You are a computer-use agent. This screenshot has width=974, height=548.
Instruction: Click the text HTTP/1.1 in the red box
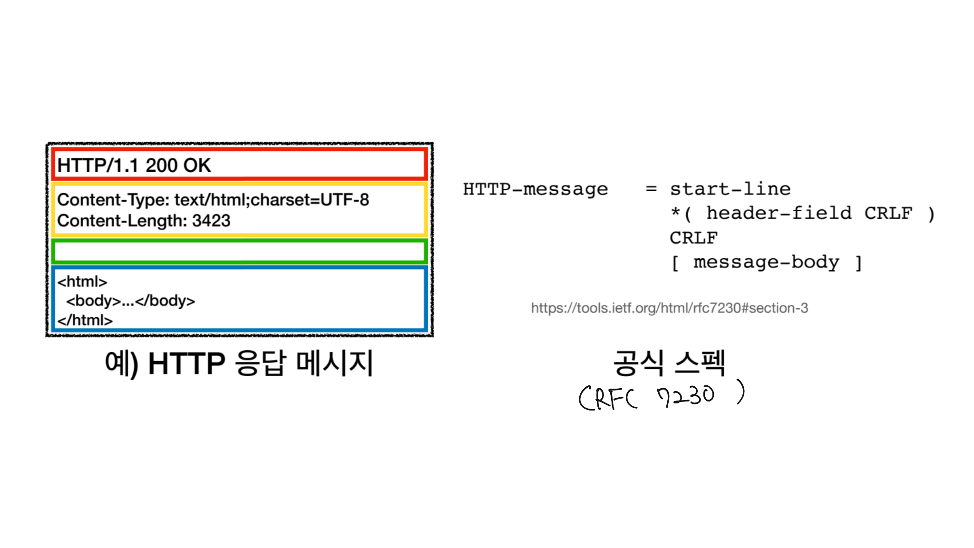[x=97, y=166]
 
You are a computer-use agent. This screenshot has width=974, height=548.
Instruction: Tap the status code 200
[x=161, y=166]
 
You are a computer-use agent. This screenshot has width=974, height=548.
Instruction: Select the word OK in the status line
[x=197, y=166]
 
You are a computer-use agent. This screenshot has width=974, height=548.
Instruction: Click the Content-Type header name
[x=113, y=200]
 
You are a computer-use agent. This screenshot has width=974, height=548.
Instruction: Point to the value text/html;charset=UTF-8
[x=272, y=200]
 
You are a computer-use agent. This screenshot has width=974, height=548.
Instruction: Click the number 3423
[x=211, y=221]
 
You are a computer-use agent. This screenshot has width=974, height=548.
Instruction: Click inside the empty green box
[x=239, y=252]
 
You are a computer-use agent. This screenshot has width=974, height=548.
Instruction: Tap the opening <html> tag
[x=82, y=282]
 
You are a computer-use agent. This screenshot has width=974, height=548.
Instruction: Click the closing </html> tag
[x=85, y=320]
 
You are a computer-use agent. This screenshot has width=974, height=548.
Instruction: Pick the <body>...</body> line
[x=131, y=301]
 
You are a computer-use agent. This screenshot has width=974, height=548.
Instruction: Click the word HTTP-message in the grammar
[x=536, y=189]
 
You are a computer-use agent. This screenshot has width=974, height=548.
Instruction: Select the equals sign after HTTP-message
[x=651, y=189]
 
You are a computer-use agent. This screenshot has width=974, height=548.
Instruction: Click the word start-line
[x=730, y=189]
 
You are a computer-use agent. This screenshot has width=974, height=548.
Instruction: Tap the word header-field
[x=779, y=213]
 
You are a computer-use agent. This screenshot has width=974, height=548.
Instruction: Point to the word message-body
[x=766, y=262]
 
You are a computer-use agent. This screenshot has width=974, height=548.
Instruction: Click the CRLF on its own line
[x=694, y=237]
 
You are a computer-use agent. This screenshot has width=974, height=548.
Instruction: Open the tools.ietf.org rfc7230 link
[x=669, y=308]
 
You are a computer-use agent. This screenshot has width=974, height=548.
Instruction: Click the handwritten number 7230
[x=685, y=396]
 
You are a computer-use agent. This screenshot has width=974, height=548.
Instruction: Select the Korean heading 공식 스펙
[x=669, y=363]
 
